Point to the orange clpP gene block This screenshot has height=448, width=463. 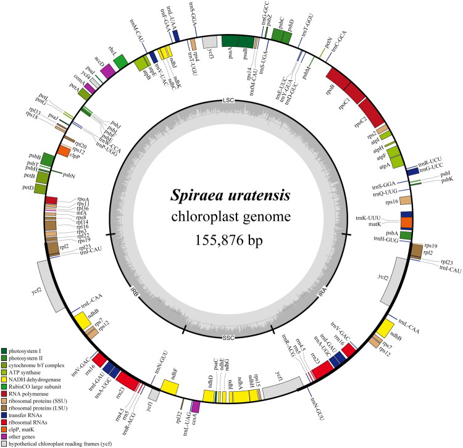coord(64,150)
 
